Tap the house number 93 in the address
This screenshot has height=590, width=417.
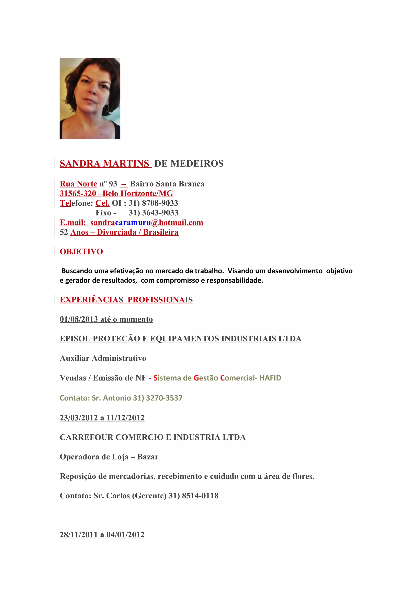[113, 184]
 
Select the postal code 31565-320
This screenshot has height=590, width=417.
[78, 193]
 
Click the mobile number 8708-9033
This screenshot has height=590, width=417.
[160, 203]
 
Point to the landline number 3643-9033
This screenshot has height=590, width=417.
[160, 213]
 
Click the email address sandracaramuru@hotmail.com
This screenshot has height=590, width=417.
[147, 222]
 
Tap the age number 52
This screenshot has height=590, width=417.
[64, 232]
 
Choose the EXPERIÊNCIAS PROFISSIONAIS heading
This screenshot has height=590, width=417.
[126, 300]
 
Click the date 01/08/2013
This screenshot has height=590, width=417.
[79, 319]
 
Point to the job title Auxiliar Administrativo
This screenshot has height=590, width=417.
[103, 358]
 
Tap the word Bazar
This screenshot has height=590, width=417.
[148, 457]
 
